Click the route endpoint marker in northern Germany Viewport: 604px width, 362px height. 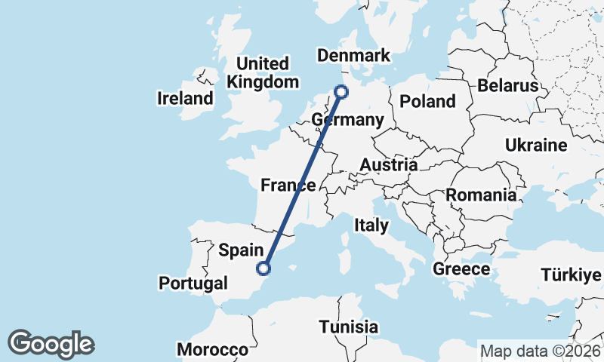click(x=342, y=92)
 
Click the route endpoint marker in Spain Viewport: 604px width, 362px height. click(x=263, y=268)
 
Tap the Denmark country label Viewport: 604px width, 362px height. click(x=353, y=56)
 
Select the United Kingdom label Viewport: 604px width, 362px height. click(x=263, y=73)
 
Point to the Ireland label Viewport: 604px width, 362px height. click(x=185, y=98)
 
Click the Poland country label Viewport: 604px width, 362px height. click(x=428, y=101)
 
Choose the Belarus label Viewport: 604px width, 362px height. click(x=507, y=85)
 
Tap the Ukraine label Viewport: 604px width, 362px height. click(x=536, y=145)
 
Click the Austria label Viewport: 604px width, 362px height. click(x=389, y=165)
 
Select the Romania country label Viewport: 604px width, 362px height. click(x=481, y=195)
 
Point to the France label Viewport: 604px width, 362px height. click(x=288, y=186)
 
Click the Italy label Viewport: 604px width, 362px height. click(x=372, y=225)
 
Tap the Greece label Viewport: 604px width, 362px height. click(x=461, y=269)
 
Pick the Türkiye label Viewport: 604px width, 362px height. click(x=572, y=275)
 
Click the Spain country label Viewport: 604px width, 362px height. click(x=241, y=249)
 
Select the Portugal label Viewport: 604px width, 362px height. click(x=193, y=284)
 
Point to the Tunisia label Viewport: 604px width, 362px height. click(x=348, y=327)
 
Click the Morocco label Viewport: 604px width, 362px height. click(x=212, y=350)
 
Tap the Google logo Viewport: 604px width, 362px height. click(x=51, y=344)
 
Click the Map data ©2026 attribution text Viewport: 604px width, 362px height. click(x=541, y=351)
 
